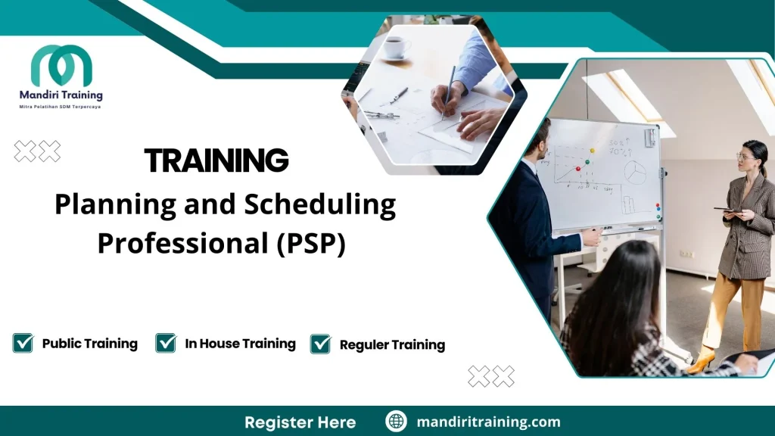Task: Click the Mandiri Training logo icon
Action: click(61, 66)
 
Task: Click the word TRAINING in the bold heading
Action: click(216, 160)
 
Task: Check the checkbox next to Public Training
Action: click(23, 343)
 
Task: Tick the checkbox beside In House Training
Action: click(166, 343)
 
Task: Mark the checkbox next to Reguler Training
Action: click(321, 344)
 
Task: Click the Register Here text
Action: click(300, 422)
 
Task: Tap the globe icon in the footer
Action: click(396, 422)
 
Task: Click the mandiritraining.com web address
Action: click(488, 422)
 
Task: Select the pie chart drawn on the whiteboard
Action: click(634, 173)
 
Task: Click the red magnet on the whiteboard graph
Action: click(578, 169)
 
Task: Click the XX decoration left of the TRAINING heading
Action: click(37, 151)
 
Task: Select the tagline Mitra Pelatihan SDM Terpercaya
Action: click(61, 107)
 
